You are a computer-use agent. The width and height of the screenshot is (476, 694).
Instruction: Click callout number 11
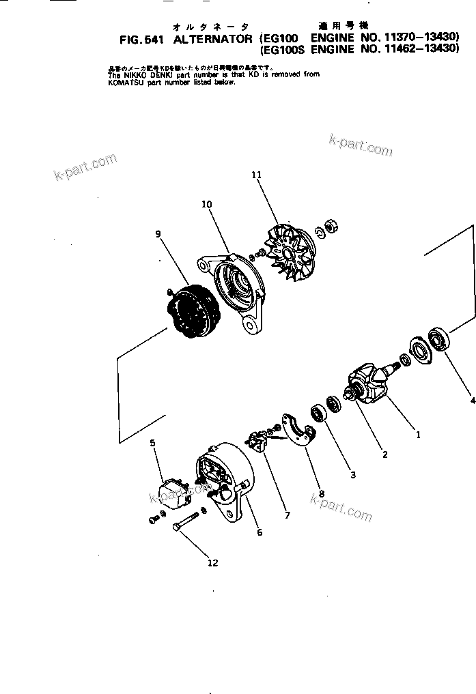(256, 175)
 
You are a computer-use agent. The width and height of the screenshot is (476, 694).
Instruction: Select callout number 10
(207, 204)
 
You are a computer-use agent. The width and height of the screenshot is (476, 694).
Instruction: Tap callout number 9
(158, 234)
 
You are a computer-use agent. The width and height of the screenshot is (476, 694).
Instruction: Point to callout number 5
(153, 443)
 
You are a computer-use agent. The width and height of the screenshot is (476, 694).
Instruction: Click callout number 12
(212, 563)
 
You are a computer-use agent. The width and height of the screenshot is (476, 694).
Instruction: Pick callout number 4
(473, 401)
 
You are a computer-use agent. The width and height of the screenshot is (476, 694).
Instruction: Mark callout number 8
(321, 493)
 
